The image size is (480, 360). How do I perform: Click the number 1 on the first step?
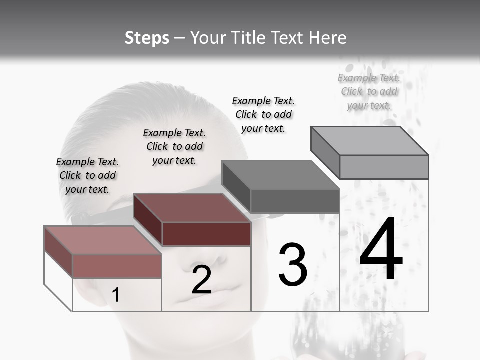[x=115, y=295]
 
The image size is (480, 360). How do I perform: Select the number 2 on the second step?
[x=201, y=280]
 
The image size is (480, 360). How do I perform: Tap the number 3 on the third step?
[x=292, y=265]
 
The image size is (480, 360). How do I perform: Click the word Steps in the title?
[x=147, y=38]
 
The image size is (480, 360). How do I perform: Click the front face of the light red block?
[x=117, y=266]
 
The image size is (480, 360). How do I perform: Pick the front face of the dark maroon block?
[x=206, y=234]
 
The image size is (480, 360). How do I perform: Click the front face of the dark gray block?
[x=295, y=201]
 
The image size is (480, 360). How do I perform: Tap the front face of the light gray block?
[x=384, y=167]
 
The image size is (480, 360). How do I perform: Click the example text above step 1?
[x=87, y=175]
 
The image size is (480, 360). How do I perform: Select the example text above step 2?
[x=174, y=146]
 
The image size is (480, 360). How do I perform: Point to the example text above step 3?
[x=263, y=114]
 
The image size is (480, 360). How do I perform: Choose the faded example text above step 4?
[x=369, y=91]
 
